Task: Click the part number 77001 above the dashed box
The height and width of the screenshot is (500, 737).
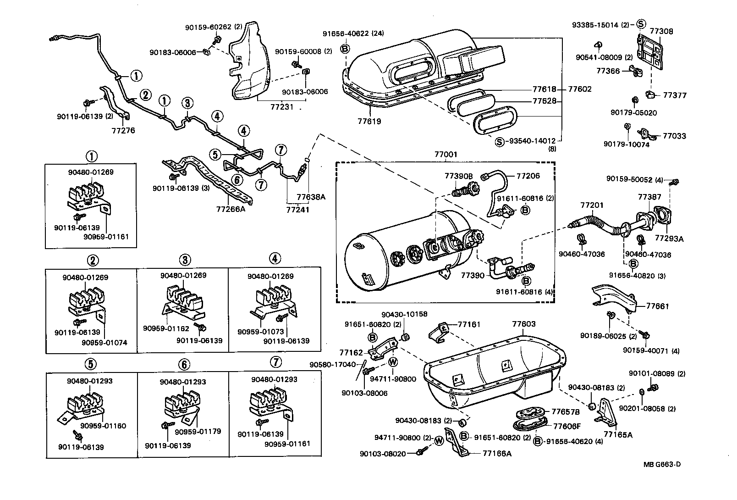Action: (445, 155)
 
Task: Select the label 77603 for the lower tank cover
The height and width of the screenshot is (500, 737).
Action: (523, 324)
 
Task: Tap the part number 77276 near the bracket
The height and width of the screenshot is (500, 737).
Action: (123, 131)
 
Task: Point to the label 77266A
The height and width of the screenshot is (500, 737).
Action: (231, 210)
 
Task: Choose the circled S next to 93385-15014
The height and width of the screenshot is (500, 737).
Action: (641, 24)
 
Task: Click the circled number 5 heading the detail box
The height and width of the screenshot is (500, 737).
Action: (92, 364)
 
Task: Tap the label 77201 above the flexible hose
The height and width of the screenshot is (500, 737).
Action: (592, 205)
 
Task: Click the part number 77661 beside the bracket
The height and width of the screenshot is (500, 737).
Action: (658, 306)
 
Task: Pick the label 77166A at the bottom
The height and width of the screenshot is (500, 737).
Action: (497, 453)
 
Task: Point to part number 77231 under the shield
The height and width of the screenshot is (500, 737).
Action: (282, 106)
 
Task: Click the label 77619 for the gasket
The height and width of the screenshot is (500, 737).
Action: (369, 122)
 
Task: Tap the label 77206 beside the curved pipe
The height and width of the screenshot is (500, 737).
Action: (528, 176)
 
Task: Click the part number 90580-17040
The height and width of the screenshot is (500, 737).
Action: (333, 365)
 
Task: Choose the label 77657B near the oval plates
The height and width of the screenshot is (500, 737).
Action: (566, 411)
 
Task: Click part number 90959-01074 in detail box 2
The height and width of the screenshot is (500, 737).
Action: (104, 343)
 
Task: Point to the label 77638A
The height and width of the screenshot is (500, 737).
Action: (311, 197)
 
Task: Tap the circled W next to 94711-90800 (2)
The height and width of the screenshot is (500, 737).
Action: (439, 441)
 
